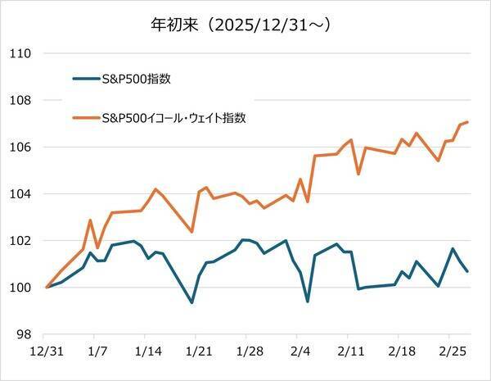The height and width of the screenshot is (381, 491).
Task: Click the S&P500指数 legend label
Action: [144, 79]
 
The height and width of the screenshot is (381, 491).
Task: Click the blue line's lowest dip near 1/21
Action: [191, 302]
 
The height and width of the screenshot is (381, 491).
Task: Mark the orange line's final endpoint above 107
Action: [467, 122]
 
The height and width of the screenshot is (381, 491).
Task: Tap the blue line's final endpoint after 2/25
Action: [467, 271]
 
